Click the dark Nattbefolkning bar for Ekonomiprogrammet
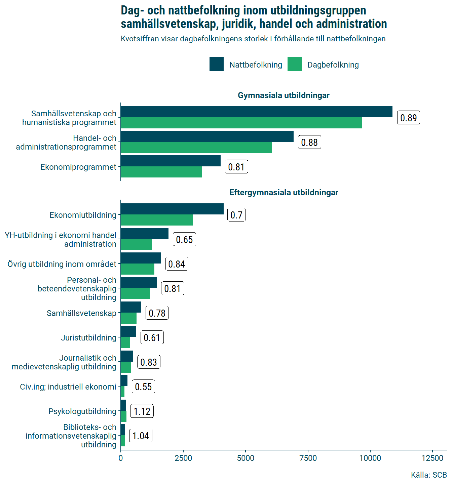point(171,161)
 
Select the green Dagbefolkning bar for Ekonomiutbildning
point(157,220)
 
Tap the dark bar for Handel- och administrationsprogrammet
point(207,136)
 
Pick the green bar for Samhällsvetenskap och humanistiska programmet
point(241,123)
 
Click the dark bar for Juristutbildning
point(128,332)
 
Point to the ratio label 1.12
point(142,411)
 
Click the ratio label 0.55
point(143,387)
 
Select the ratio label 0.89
point(408,118)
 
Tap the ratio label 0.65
point(184,239)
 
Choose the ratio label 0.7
point(236,215)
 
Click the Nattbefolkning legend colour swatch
point(217,65)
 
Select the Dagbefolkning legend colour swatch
point(295,65)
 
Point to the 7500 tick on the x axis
point(308,458)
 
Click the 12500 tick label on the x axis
point(432,458)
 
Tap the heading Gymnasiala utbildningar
point(284,95)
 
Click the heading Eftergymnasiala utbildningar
point(284,193)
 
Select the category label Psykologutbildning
point(82,411)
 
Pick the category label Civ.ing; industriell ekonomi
point(68,387)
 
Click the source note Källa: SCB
point(428,475)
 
